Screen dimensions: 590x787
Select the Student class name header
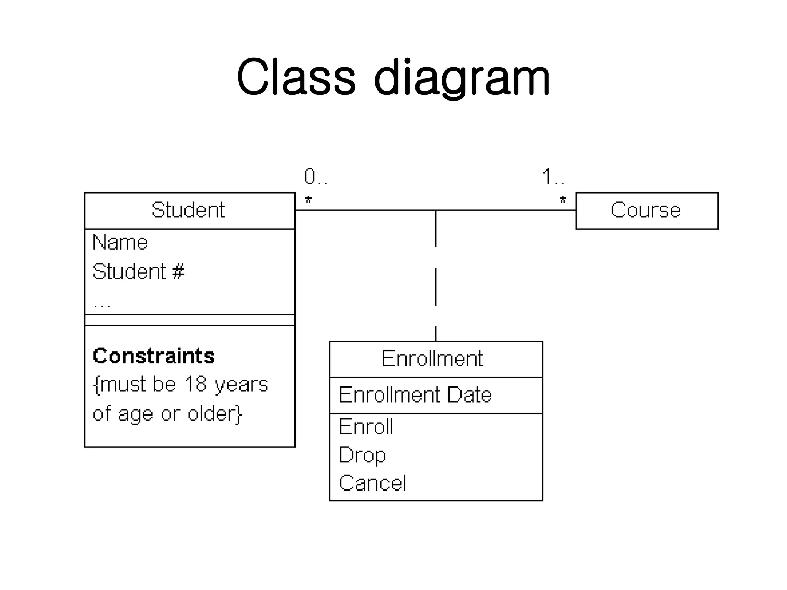point(188,210)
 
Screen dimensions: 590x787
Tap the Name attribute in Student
point(120,243)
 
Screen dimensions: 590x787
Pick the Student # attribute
point(139,272)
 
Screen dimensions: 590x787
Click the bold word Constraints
point(154,356)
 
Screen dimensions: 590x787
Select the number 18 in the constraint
point(195,384)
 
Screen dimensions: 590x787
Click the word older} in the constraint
point(215,414)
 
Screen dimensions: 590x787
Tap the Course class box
point(646,210)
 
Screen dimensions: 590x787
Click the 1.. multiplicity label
point(553,177)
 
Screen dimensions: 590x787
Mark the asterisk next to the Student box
point(308,200)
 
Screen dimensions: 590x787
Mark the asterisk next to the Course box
point(563,200)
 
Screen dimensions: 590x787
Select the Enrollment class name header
point(432,359)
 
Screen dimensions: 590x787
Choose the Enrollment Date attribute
point(415,395)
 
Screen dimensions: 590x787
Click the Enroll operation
point(366,427)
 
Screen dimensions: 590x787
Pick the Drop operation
point(362,455)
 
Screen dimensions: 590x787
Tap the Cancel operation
point(372,483)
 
